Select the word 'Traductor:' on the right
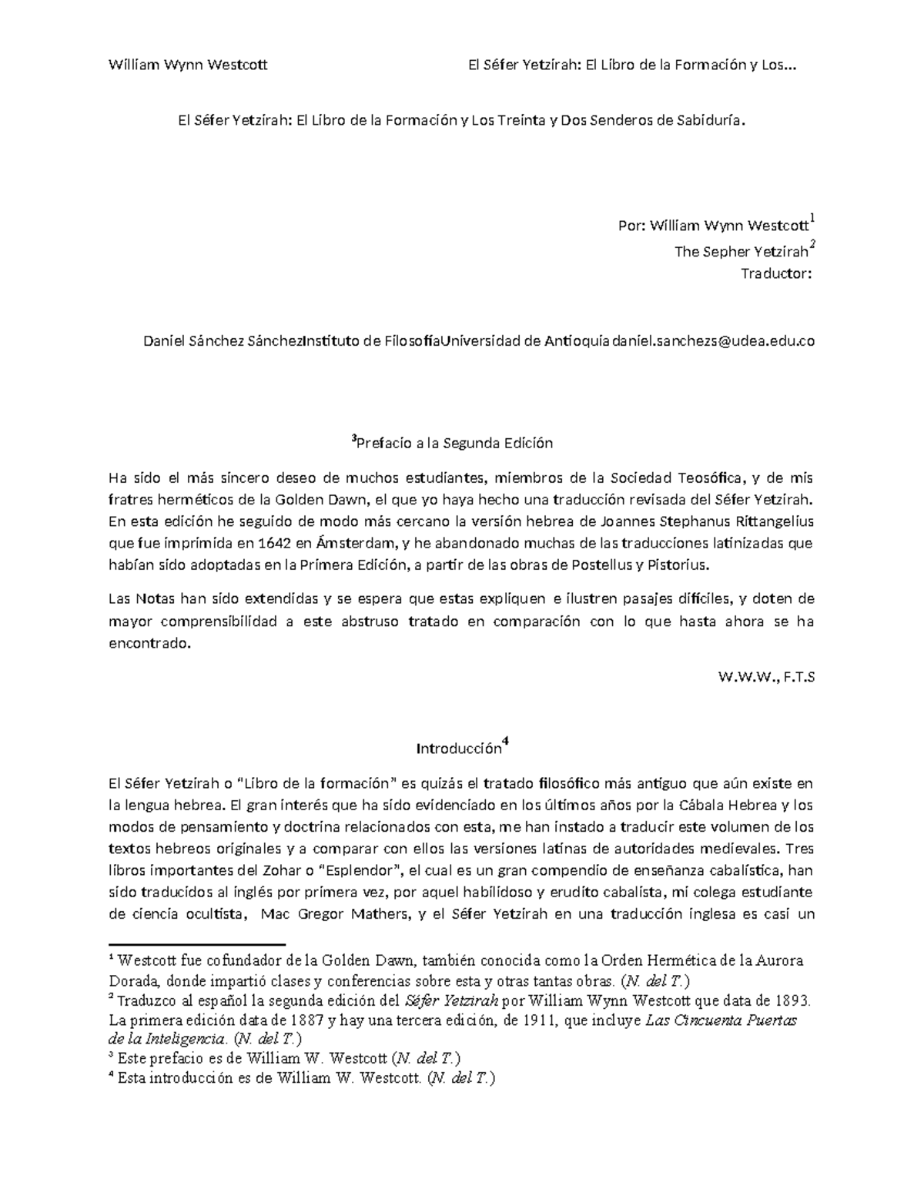[776, 273]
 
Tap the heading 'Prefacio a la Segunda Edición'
[454, 443]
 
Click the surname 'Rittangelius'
[765, 521]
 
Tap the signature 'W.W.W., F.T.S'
[765, 677]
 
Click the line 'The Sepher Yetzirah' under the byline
[741, 251]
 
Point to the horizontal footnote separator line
[196, 943]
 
